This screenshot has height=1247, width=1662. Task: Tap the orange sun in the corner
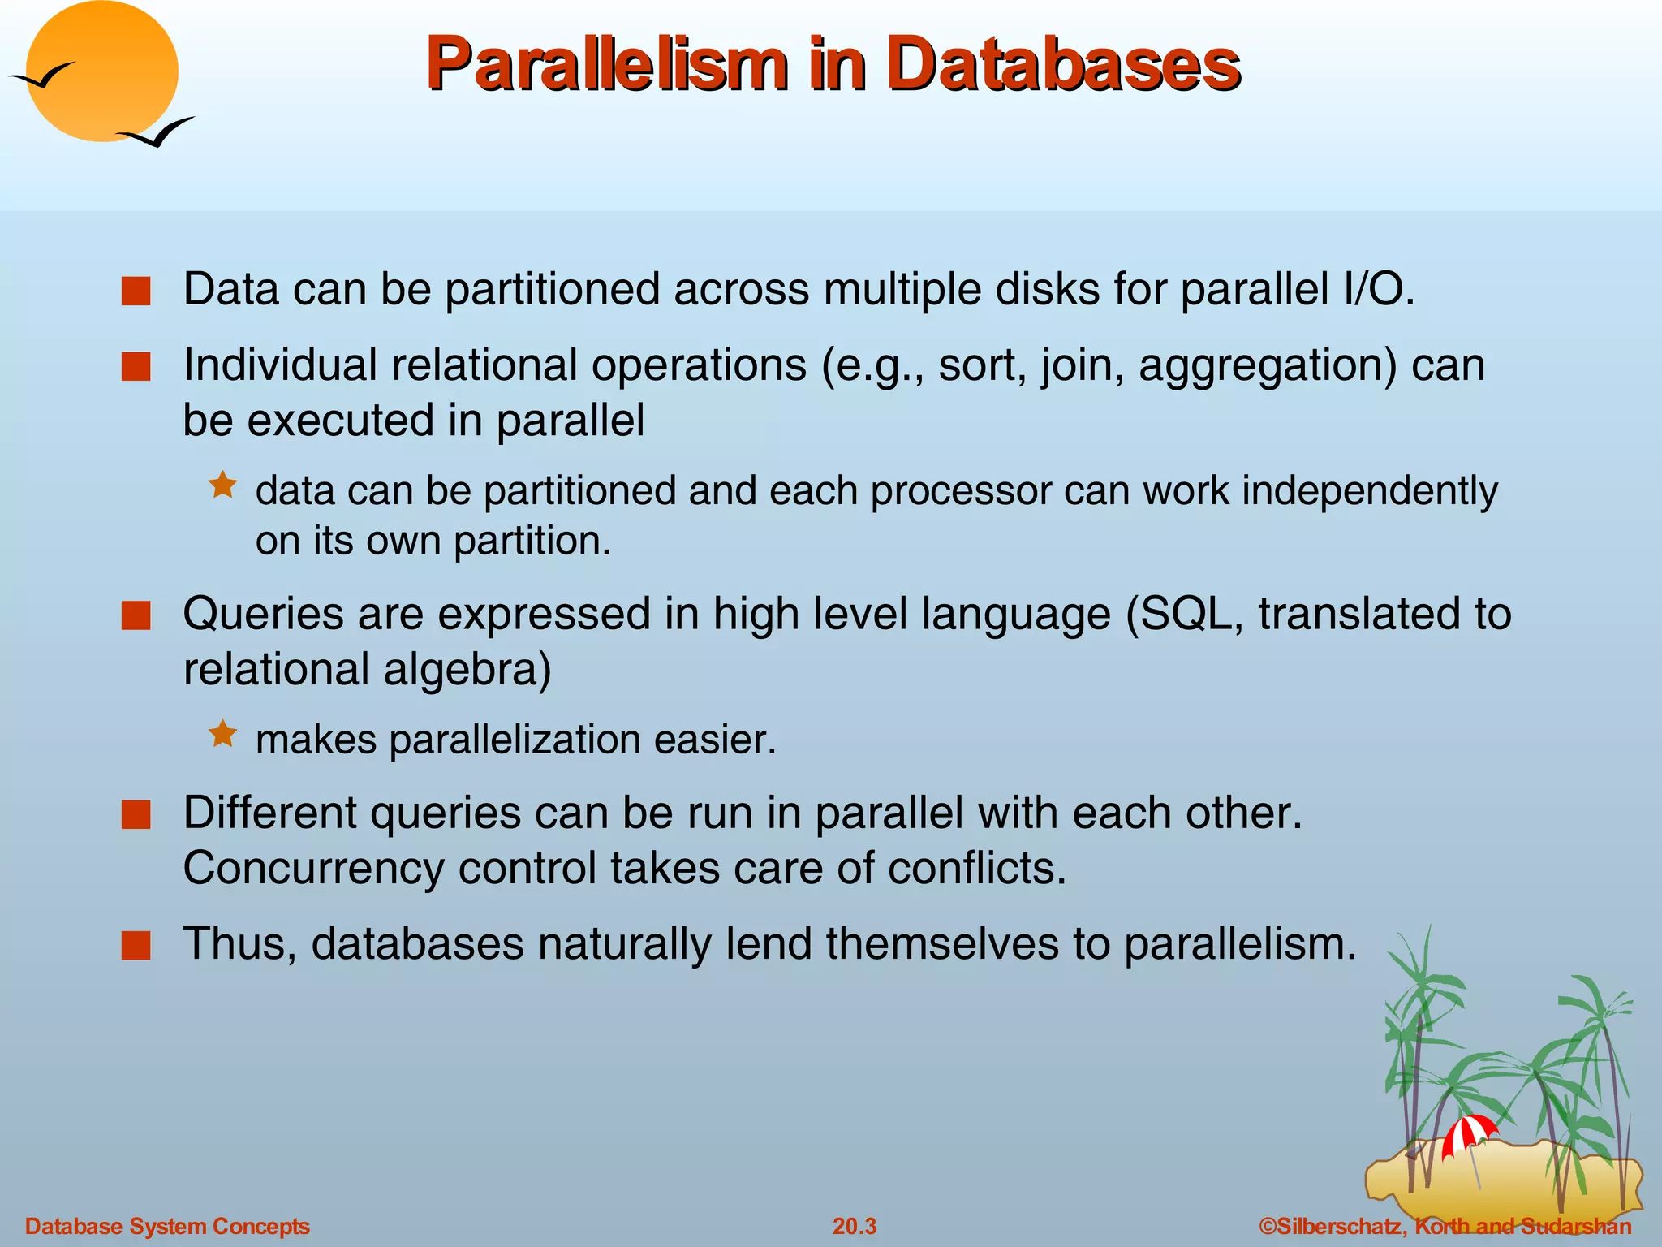tap(102, 71)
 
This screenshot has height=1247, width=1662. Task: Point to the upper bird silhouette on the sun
tap(42, 76)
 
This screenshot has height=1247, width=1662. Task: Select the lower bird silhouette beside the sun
tap(156, 132)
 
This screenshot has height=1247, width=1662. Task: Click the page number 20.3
tap(855, 1226)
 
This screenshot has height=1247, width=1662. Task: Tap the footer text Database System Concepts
tap(167, 1226)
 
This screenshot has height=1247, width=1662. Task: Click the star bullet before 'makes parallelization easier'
tap(222, 735)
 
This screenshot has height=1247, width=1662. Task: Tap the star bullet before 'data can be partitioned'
tap(222, 486)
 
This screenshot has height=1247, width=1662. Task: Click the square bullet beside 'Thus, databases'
tap(136, 946)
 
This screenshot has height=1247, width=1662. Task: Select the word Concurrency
tap(313, 869)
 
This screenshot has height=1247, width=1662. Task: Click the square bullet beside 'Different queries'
tap(136, 814)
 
